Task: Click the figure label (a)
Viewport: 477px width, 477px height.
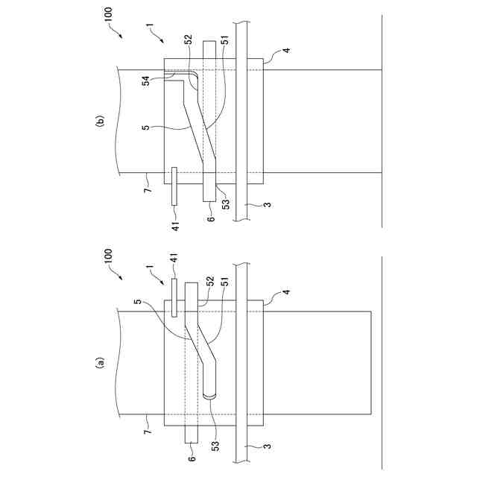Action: click(x=97, y=364)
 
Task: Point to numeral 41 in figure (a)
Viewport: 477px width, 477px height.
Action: click(x=177, y=257)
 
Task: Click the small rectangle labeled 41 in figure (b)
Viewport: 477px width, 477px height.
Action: click(x=174, y=186)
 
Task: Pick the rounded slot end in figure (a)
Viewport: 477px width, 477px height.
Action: click(x=207, y=397)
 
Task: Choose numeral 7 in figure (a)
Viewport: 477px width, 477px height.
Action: click(x=148, y=432)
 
